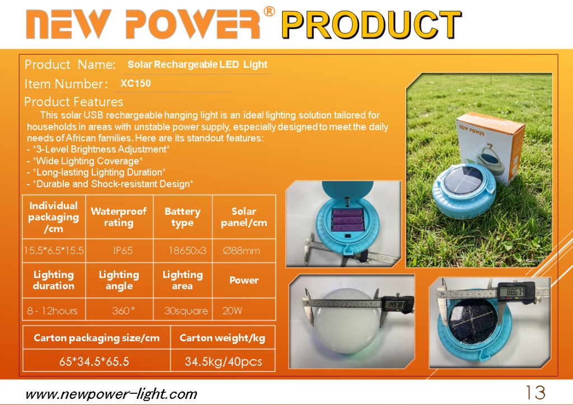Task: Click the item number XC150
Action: click(x=135, y=83)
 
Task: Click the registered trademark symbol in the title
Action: click(x=269, y=11)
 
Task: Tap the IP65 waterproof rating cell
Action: click(x=123, y=251)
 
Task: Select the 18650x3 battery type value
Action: click(x=187, y=251)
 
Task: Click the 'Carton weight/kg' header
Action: click(x=222, y=338)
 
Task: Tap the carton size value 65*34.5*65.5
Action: click(x=94, y=361)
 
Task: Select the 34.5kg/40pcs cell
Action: click(x=223, y=361)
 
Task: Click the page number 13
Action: click(x=536, y=393)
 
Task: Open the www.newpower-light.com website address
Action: click(x=111, y=394)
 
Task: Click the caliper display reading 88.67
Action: click(x=515, y=291)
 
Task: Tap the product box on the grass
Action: click(x=490, y=147)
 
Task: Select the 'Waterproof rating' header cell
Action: click(x=119, y=217)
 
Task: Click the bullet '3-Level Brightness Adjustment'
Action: click(x=98, y=149)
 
